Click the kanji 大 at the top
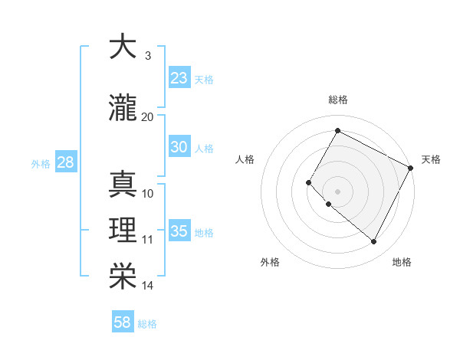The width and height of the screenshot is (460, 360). pos(123,47)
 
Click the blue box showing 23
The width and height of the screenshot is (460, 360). pos(179,78)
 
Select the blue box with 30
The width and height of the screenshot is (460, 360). pos(179,148)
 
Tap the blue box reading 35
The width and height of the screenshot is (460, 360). pos(179,232)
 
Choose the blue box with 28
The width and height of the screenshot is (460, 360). pos(64,162)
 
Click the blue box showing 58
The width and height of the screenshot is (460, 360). pos(123,322)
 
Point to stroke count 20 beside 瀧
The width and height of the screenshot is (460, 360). pos(148,116)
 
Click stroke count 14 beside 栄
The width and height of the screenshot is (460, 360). pos(148,286)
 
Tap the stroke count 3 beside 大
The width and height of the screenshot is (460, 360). pos(147,56)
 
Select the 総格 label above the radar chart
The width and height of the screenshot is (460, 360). pos(337,100)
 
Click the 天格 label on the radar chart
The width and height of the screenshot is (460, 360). pos(431,159)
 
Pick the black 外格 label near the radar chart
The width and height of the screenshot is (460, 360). pos(270,262)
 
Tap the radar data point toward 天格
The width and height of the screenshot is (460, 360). pos(411,168)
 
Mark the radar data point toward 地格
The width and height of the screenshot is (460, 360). pos(374,242)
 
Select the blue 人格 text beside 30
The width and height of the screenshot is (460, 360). pos(204,149)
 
